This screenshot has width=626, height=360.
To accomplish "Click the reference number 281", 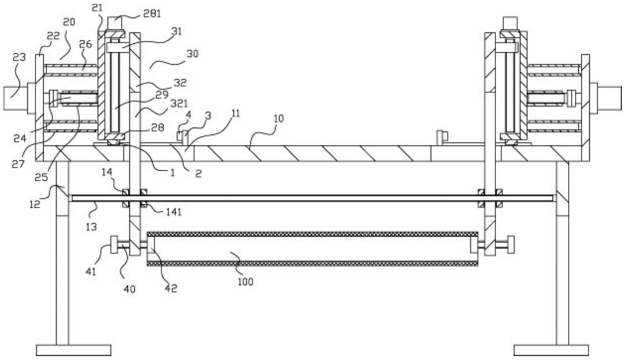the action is [x=152, y=14].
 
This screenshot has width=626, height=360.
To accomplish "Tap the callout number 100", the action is [x=245, y=282].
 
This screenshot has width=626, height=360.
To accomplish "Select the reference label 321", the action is [x=179, y=104].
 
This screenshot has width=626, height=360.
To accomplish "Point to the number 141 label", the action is [x=174, y=212].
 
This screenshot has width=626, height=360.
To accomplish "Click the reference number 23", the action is [x=19, y=57].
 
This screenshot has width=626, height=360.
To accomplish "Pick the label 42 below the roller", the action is [x=171, y=288].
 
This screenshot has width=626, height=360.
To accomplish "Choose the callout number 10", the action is [x=278, y=118].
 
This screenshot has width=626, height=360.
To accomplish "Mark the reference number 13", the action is [x=92, y=227].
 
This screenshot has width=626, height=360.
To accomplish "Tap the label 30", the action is [x=193, y=54].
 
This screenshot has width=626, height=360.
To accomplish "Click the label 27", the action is [x=18, y=164].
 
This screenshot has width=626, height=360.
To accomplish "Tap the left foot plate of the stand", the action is [x=74, y=350].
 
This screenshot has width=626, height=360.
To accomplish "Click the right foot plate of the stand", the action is [x=551, y=350].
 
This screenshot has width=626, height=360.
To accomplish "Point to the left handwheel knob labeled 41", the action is [x=114, y=245].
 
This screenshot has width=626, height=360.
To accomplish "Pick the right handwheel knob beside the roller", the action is [x=510, y=245].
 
